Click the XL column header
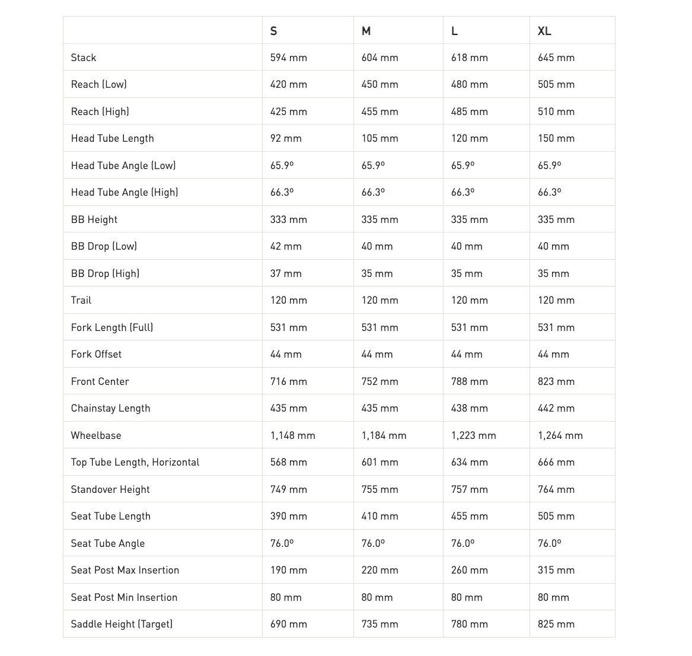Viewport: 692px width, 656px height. point(544,31)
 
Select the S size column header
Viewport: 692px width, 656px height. point(273,31)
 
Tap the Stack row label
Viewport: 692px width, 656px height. point(84,58)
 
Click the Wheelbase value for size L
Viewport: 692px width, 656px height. point(473,435)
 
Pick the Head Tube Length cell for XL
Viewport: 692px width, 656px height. point(556,138)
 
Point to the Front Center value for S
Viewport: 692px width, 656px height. point(288,381)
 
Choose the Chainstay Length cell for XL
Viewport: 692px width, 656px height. point(556,408)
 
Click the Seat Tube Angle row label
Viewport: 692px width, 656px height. point(107,543)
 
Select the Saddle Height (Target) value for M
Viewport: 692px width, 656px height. point(380,624)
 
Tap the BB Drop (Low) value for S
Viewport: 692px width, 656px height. point(286,246)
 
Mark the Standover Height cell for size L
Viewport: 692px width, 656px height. point(469,489)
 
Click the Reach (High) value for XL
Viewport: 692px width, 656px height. point(556,112)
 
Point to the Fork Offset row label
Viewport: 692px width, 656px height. point(96,354)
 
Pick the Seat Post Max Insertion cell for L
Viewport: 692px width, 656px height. point(469,570)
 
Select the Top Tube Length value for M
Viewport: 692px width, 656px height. point(380,462)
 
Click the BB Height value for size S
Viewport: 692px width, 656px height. point(288,219)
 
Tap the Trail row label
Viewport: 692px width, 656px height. point(81,300)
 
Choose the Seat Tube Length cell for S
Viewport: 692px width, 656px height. point(288,516)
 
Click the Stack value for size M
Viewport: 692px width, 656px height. point(380,58)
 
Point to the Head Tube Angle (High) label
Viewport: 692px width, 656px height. point(125,192)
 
